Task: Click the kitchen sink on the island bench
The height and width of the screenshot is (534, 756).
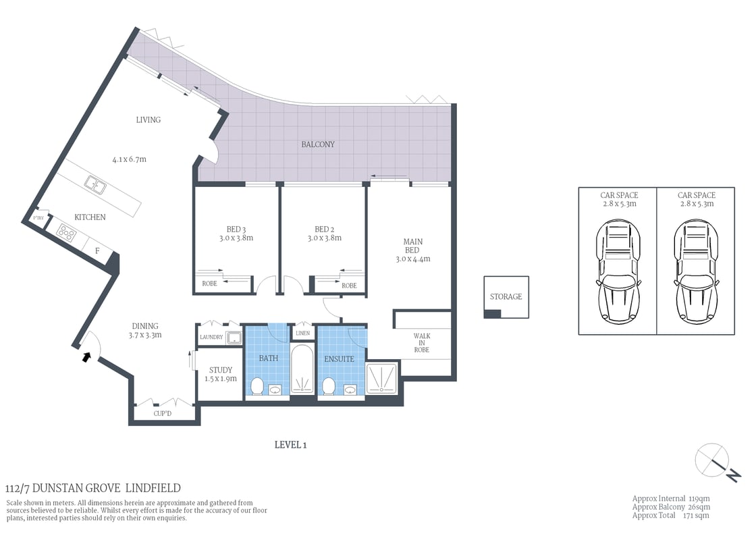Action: click(94, 184)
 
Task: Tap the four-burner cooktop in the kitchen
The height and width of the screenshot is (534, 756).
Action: click(67, 232)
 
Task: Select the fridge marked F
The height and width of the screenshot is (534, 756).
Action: click(97, 251)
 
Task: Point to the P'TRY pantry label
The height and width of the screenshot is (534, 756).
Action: click(38, 218)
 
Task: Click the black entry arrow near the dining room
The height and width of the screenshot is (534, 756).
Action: click(86, 356)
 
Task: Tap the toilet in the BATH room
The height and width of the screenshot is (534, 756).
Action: click(256, 386)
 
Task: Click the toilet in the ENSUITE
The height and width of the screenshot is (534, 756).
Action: click(329, 386)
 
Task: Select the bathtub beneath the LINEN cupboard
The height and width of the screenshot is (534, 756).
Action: click(302, 370)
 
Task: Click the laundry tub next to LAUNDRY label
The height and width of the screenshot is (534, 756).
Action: click(234, 338)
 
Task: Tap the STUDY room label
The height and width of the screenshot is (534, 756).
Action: click(221, 370)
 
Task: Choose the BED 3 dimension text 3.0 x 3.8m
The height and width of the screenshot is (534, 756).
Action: click(237, 238)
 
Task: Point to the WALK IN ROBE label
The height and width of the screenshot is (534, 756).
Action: click(422, 343)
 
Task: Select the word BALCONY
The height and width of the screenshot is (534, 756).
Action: click(318, 144)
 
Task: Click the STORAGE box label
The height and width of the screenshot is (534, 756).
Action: click(506, 296)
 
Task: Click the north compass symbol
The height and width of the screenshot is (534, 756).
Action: click(713, 460)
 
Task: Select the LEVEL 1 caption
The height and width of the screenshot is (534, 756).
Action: click(291, 444)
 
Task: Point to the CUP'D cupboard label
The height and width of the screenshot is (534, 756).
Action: click(163, 413)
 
